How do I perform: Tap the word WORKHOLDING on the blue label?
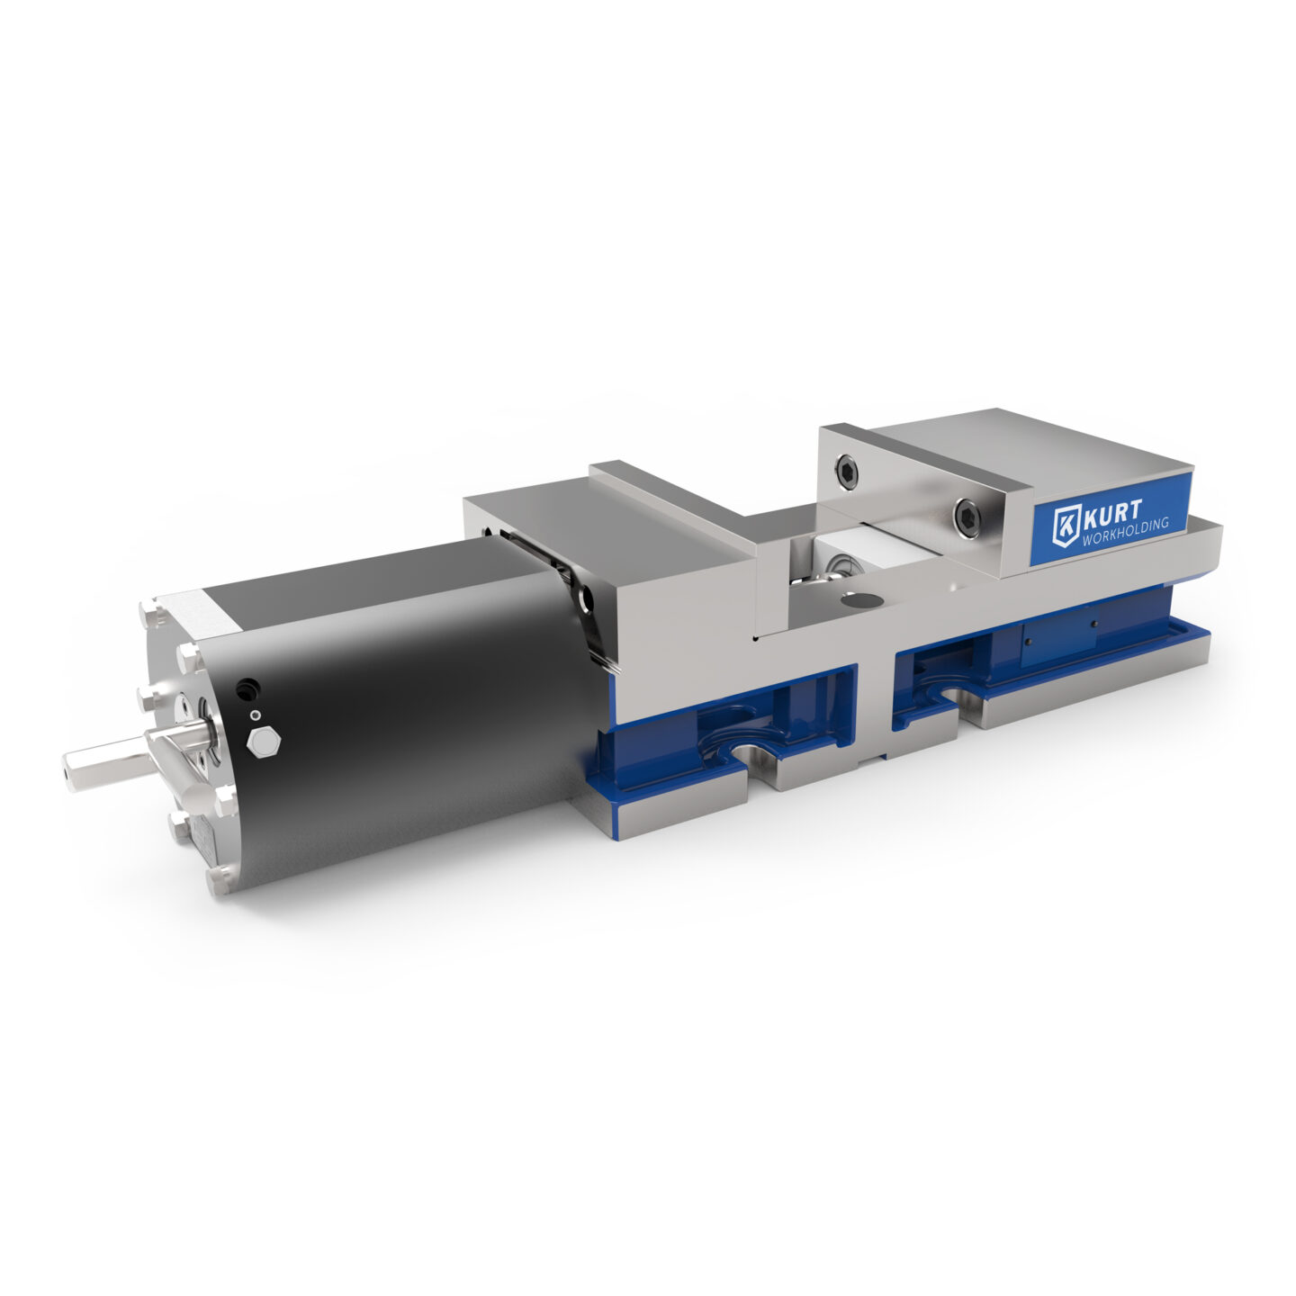[1126, 533]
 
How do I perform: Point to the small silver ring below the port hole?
[256, 715]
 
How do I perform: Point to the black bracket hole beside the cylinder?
[588, 598]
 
